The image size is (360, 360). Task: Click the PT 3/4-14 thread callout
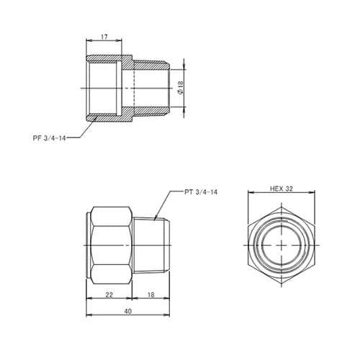(x=201, y=192)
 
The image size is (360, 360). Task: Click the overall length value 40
(x=127, y=311)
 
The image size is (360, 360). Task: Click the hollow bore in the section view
(x=108, y=87)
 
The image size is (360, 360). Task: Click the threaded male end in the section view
(x=153, y=87)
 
